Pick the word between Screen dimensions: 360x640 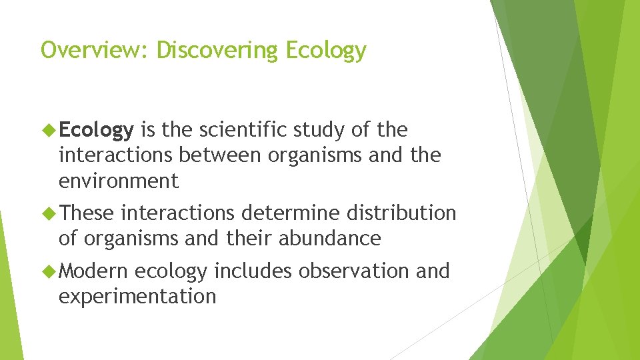pos(221,155)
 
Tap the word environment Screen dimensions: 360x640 pos(119,181)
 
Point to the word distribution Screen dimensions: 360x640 pos(397,213)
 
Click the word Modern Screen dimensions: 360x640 pos(93,271)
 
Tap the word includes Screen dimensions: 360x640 pos(253,271)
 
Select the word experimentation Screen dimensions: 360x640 pos(137,297)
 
